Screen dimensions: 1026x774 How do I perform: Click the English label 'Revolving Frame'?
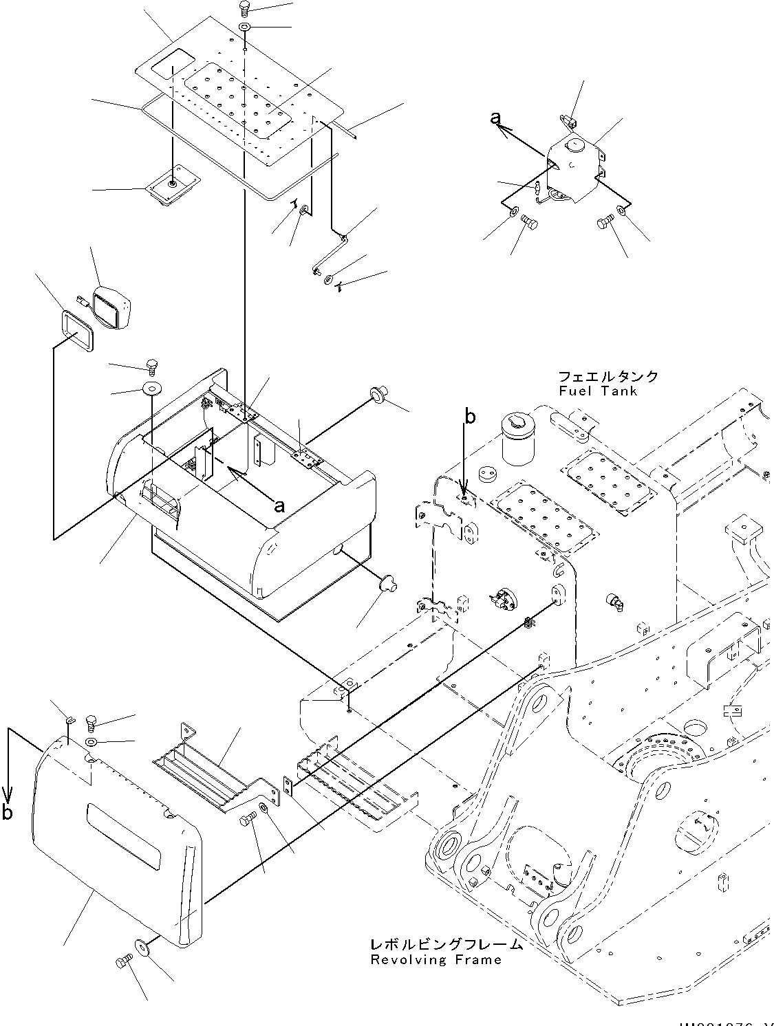coord(436,959)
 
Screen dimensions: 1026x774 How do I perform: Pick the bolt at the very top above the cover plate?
coord(244,9)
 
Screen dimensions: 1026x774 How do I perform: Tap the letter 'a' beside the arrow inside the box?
coord(279,505)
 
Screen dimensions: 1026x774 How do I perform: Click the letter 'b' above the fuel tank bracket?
coord(470,416)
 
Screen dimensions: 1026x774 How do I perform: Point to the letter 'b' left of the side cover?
coord(7,812)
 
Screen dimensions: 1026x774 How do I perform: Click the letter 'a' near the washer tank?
coord(495,118)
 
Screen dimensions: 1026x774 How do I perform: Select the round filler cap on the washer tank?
coord(572,145)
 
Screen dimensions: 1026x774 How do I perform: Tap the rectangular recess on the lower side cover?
coord(122,836)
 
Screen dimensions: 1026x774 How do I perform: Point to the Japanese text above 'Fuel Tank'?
coord(608,377)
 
